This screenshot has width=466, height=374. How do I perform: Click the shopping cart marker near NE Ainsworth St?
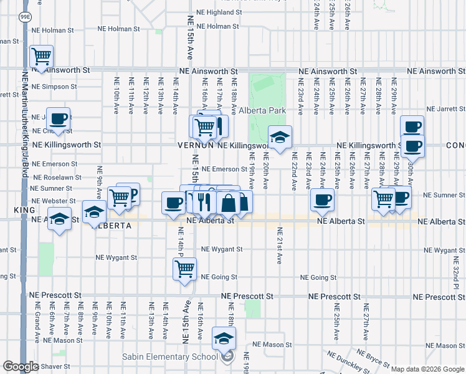coord(42,57)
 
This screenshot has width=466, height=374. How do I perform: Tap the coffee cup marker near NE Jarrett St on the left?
coord(59,118)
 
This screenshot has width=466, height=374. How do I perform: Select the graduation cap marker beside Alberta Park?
coord(280,137)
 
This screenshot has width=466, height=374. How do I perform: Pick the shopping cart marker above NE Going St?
coord(184,269)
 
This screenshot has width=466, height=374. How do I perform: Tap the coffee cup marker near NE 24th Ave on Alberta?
coord(322,200)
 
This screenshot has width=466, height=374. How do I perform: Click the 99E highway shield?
coord(25,16)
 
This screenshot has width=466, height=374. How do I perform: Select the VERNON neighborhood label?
coord(196,145)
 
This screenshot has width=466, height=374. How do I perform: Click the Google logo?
coord(20,367)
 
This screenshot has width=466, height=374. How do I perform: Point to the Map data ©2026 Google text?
coord(427,369)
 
